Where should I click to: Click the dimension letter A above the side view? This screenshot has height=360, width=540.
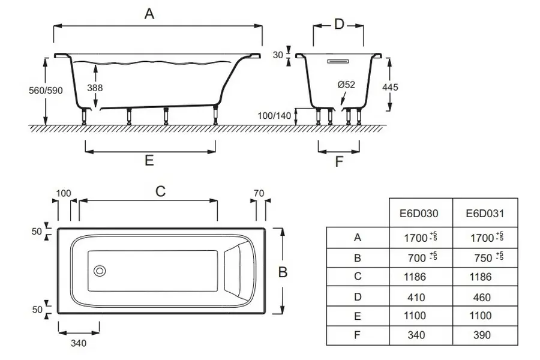[x=149, y=14]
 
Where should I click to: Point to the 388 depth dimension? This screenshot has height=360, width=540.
[x=94, y=88]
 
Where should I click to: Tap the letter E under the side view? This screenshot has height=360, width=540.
[x=149, y=160]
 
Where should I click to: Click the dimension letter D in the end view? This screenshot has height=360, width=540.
[x=339, y=25]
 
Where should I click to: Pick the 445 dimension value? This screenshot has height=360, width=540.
[x=390, y=87]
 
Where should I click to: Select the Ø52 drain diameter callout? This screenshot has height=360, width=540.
[x=346, y=85]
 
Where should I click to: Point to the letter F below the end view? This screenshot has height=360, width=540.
[x=339, y=161]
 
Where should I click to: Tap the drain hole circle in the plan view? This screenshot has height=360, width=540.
[x=100, y=271]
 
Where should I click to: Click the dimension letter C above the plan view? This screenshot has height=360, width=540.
[x=160, y=191]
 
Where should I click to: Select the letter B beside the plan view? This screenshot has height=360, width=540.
[x=283, y=272]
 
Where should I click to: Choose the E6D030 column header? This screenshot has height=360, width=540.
[x=419, y=213]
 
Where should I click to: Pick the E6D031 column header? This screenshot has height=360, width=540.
[x=485, y=213]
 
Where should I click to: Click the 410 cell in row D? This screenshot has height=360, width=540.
[x=416, y=297]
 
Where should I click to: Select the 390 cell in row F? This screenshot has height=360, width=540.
[x=482, y=335]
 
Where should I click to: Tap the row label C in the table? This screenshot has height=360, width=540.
[x=358, y=277]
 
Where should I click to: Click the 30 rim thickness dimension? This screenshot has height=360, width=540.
[x=277, y=55]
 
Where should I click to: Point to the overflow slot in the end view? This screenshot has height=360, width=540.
[x=338, y=61]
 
